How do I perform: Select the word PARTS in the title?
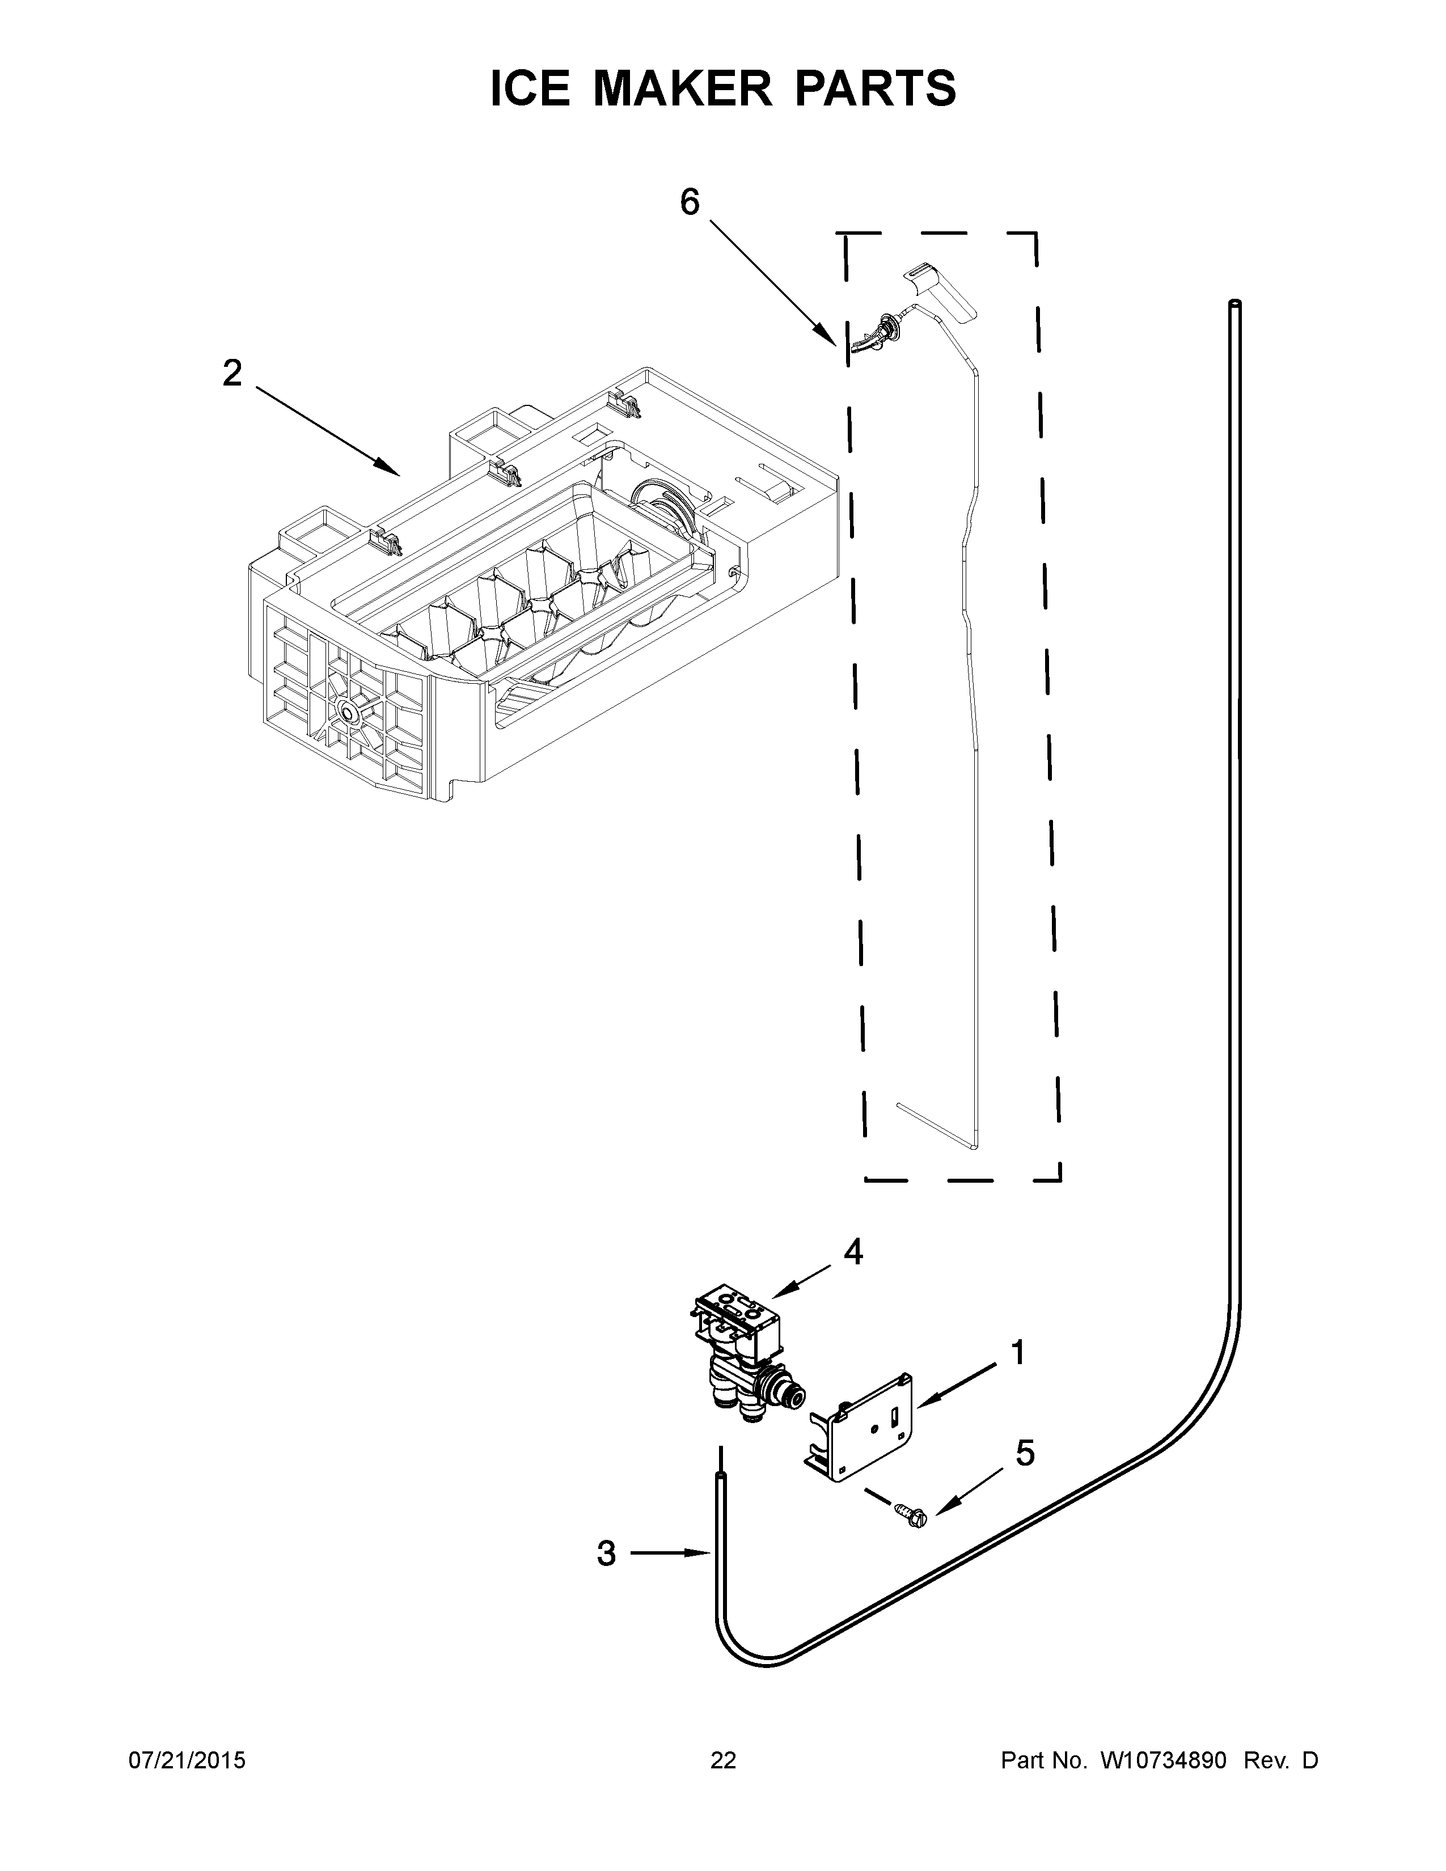click(876, 88)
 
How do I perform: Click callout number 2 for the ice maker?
click(232, 374)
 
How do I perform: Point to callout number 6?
click(690, 202)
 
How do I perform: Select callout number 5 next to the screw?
click(1025, 1453)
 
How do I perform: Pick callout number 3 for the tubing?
click(607, 1553)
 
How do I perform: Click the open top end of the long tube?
click(1234, 304)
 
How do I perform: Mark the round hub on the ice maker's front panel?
click(349, 710)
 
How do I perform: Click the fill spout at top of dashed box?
click(940, 294)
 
